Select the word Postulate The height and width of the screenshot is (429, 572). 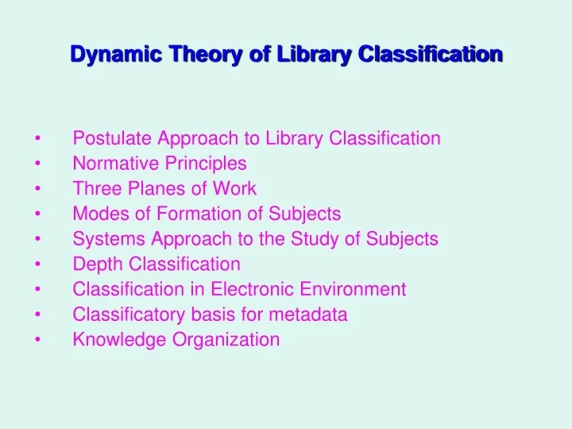pos(111,138)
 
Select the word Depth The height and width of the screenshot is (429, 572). pos(94,264)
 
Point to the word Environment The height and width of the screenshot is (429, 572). pos(358,289)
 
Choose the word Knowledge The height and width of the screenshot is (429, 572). pos(112,340)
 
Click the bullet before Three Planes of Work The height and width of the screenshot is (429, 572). pos(38,189)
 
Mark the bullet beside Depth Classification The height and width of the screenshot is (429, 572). pos(38,265)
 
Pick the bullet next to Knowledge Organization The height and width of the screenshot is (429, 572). pos(38,340)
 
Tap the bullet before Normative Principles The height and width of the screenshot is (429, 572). pos(38,164)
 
